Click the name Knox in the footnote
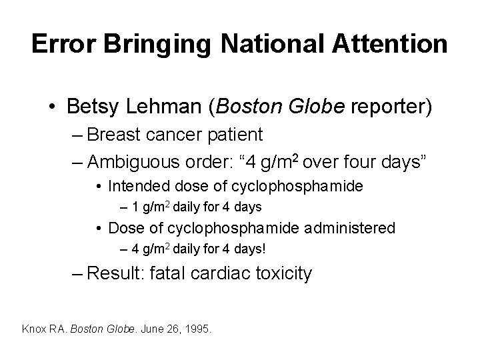[x=34, y=329]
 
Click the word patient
[x=239, y=135]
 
